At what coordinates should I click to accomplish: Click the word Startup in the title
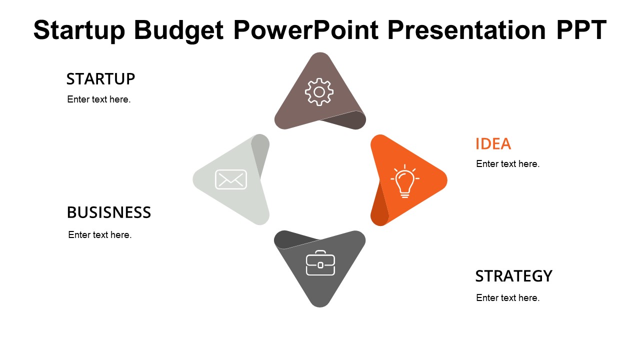(79, 30)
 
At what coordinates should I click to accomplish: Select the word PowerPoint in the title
(306, 29)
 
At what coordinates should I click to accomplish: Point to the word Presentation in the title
(466, 29)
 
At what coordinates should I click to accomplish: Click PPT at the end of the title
(581, 29)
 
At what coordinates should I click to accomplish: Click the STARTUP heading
(100, 79)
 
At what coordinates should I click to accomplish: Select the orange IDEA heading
(493, 143)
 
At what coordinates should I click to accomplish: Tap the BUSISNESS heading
(109, 212)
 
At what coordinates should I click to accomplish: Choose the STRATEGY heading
(513, 276)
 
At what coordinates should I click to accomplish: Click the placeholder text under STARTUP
(99, 99)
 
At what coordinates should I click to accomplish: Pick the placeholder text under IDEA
(507, 164)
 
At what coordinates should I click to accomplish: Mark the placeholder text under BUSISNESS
(99, 235)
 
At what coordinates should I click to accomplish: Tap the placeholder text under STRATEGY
(507, 298)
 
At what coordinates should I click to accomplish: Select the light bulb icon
(405, 181)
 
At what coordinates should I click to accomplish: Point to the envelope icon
(231, 179)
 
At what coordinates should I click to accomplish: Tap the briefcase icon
(320, 263)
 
